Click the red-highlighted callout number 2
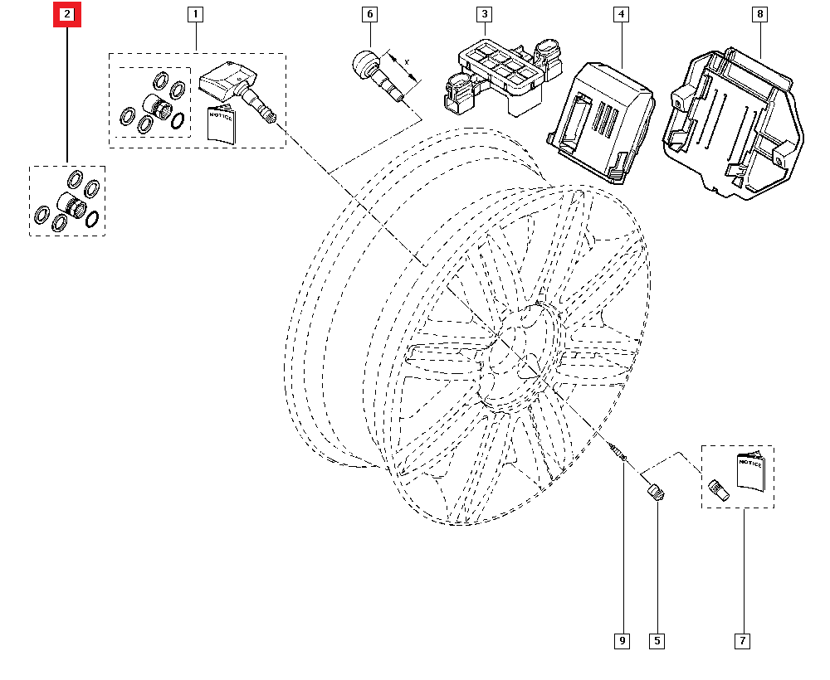point(67,14)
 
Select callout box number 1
point(196,14)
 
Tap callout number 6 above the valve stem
point(369,14)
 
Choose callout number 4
point(620,14)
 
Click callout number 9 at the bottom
point(622,640)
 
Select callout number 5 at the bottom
point(657,640)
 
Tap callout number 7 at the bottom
point(742,640)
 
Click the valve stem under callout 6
point(379,75)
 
